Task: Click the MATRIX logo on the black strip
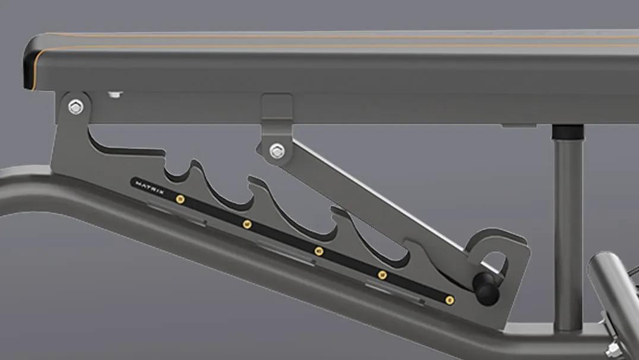pos(150,188)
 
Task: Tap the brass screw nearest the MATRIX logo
pos(180,199)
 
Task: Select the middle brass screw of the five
pos(319,251)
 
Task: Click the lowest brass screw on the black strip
pos(450,301)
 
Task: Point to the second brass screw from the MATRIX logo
pos(247,224)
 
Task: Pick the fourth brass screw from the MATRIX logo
pos(382,275)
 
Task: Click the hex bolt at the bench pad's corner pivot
pos(75,107)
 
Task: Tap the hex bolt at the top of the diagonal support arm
pos(277,151)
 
